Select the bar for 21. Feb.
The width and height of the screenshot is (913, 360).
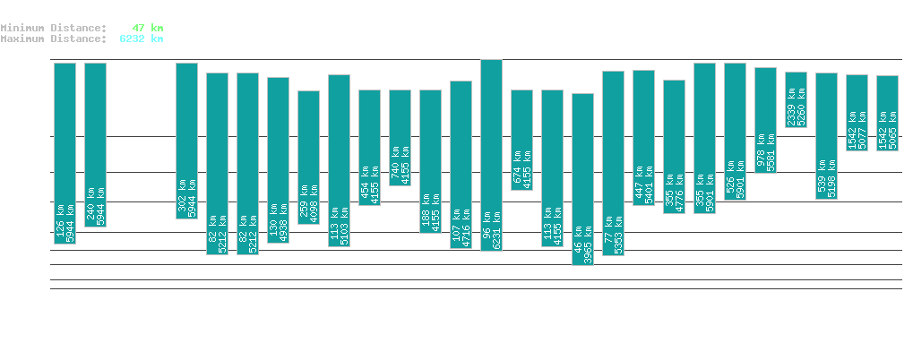[582, 179]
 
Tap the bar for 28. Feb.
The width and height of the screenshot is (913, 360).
[796, 99]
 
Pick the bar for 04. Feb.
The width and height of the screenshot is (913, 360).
[65, 153]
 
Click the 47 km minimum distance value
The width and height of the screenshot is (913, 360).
[147, 28]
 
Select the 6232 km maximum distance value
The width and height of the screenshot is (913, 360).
[141, 39]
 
